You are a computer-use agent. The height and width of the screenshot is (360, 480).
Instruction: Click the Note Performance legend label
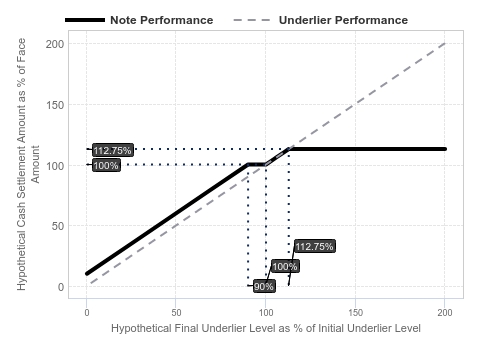pyautogui.click(x=162, y=20)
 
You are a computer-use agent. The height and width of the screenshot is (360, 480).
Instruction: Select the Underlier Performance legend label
pyautogui.click(x=343, y=20)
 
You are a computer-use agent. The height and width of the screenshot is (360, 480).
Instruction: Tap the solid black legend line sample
pyautogui.click(x=85, y=20)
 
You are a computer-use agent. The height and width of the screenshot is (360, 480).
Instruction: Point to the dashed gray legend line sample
pyautogui.click(x=252, y=20)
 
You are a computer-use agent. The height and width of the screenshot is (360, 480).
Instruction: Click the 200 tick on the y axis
pyautogui.click(x=55, y=44)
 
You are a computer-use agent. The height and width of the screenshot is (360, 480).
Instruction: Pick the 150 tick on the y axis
pyautogui.click(x=55, y=105)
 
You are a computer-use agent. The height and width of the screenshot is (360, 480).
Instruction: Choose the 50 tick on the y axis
pyautogui.click(x=58, y=226)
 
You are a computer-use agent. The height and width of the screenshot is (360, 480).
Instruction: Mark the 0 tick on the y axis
pyautogui.click(x=61, y=287)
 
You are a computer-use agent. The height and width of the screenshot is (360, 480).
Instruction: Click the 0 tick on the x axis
pyautogui.click(x=87, y=313)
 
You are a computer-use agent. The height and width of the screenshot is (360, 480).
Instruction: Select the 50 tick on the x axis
pyautogui.click(x=176, y=313)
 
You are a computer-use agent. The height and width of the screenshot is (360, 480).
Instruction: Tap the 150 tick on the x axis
pyautogui.click(x=355, y=313)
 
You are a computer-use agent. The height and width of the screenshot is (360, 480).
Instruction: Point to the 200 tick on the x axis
pyautogui.click(x=445, y=313)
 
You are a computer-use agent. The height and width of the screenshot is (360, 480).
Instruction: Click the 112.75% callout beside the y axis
pyautogui.click(x=113, y=150)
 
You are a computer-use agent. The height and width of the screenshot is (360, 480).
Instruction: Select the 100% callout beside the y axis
pyautogui.click(x=106, y=165)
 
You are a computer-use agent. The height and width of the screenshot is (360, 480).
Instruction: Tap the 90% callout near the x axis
pyautogui.click(x=264, y=286)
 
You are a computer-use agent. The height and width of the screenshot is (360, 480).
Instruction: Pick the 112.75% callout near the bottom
pyautogui.click(x=314, y=246)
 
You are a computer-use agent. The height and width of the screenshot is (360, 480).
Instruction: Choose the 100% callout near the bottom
pyautogui.click(x=285, y=266)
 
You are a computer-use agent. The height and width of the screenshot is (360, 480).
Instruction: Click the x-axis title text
pyautogui.click(x=266, y=328)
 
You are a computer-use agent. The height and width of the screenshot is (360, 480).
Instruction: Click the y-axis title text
pyautogui.click(x=27, y=164)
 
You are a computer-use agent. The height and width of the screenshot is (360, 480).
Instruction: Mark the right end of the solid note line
pyautogui.click(x=445, y=149)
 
